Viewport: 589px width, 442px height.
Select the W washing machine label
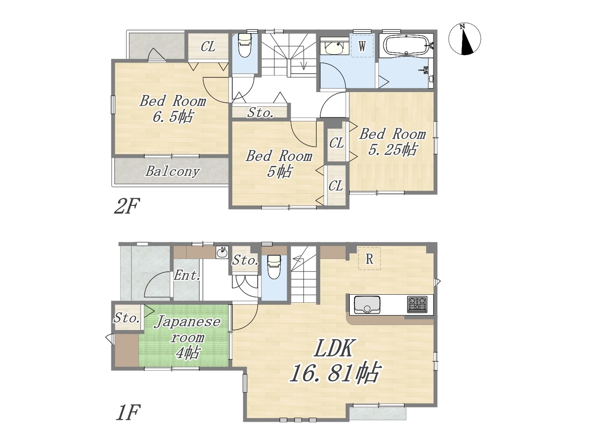tap(362, 47)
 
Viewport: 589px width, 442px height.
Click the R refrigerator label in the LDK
tap(369, 259)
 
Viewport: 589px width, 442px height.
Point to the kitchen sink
tap(367, 304)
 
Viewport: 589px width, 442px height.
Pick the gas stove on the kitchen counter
tap(417, 304)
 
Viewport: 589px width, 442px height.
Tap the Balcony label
tap(173, 171)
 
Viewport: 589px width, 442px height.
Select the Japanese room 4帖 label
tap(187, 337)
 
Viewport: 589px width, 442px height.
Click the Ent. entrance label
tap(187, 275)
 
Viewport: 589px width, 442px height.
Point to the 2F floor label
tap(127, 206)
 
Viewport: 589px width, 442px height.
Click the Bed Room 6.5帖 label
tap(173, 108)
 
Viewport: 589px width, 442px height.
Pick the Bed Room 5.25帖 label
tap(393, 141)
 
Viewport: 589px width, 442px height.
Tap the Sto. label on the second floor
tap(260, 113)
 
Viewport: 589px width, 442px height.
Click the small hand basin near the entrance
tap(222, 252)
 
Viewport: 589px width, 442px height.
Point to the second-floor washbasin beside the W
tap(334, 48)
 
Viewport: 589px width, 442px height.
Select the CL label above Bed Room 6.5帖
tap(208, 47)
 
